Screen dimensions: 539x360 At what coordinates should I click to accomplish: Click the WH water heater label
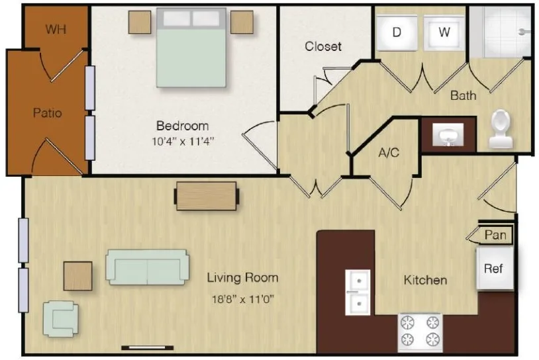(56, 29)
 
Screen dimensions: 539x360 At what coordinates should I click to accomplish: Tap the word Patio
(48, 112)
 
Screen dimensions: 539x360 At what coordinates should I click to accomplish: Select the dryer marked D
(397, 32)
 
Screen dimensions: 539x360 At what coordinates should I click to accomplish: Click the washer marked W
(444, 32)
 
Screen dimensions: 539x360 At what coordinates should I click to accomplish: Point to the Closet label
(323, 46)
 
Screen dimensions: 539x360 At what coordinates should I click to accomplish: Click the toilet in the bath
(501, 129)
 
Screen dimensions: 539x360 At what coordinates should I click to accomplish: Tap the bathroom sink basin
(448, 135)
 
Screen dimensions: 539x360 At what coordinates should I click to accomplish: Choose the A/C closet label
(389, 152)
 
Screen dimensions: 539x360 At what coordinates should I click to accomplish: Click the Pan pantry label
(495, 235)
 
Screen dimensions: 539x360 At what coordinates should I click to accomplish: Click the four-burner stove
(420, 332)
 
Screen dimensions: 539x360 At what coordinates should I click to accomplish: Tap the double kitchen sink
(358, 292)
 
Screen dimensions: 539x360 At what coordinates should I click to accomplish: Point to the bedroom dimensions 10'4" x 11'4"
(183, 141)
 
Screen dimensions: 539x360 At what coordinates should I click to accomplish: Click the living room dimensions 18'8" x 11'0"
(243, 299)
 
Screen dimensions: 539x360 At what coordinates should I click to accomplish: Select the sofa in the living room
(148, 267)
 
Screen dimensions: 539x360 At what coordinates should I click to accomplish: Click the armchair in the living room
(60, 319)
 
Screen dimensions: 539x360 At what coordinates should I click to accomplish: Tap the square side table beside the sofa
(78, 276)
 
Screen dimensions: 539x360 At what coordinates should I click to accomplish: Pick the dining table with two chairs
(207, 196)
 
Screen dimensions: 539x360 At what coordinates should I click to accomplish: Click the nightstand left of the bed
(140, 22)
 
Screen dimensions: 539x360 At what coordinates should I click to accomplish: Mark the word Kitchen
(425, 281)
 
